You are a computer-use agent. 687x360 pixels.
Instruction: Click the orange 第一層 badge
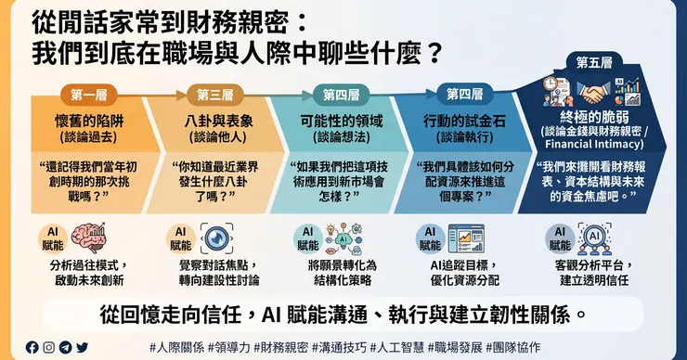[89, 95]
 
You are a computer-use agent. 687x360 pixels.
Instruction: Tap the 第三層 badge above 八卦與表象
[215, 95]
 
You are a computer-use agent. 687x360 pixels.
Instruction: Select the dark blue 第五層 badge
[594, 63]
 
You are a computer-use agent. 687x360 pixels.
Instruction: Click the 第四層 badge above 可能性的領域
[342, 95]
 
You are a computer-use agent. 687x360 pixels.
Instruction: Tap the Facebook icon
[32, 347]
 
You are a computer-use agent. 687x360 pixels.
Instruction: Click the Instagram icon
[48, 347]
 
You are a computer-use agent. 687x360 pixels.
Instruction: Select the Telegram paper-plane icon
[65, 347]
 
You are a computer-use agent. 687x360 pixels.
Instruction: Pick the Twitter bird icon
[82, 347]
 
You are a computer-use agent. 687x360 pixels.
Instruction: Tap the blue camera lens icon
[216, 238]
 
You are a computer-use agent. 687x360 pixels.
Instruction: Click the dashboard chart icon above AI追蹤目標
[466, 238]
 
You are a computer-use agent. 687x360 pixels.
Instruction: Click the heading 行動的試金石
[464, 121]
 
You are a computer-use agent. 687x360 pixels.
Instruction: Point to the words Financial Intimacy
[594, 144]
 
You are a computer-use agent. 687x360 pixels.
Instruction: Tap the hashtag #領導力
[229, 348]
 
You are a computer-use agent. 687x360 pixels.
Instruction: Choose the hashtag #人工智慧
[397, 348]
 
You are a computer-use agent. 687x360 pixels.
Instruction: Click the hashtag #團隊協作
[513, 348]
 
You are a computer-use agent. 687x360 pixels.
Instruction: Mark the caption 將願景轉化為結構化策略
[343, 273]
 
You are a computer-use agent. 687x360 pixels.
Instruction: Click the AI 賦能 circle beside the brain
[53, 238]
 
